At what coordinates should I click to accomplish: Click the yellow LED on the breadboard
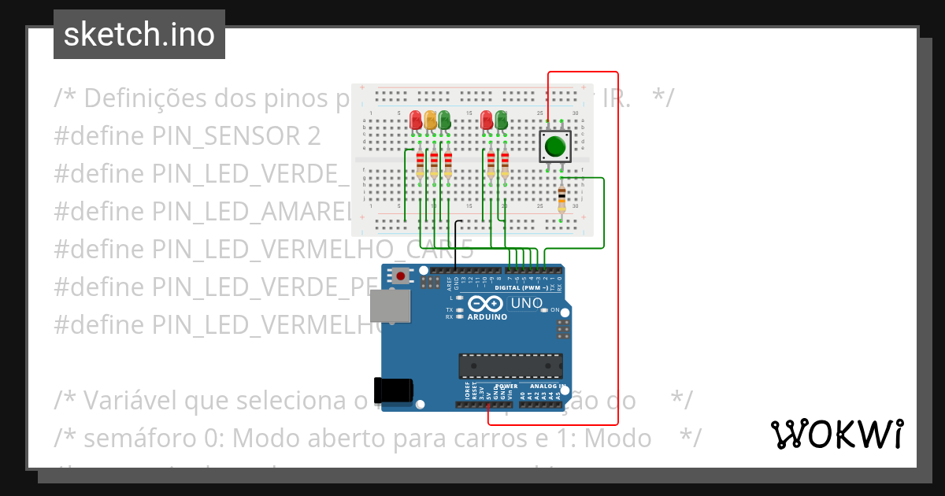430,120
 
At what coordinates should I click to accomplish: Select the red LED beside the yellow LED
416,120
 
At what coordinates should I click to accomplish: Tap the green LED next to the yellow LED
444,120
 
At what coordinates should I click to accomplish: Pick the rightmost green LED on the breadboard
501,120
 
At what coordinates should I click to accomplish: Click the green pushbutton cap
555,146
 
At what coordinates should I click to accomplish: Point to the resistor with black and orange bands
561,200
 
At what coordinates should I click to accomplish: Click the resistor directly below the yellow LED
434,165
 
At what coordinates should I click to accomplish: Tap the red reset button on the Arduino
402,276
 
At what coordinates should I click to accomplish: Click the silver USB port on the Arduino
391,305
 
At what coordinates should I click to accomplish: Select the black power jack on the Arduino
393,391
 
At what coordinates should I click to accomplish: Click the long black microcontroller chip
511,366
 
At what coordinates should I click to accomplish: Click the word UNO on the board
527,303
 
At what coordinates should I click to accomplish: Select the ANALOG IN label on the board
547,387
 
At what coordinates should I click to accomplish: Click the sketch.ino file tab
139,35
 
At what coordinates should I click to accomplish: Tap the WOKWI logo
836,434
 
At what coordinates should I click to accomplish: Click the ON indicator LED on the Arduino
544,310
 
